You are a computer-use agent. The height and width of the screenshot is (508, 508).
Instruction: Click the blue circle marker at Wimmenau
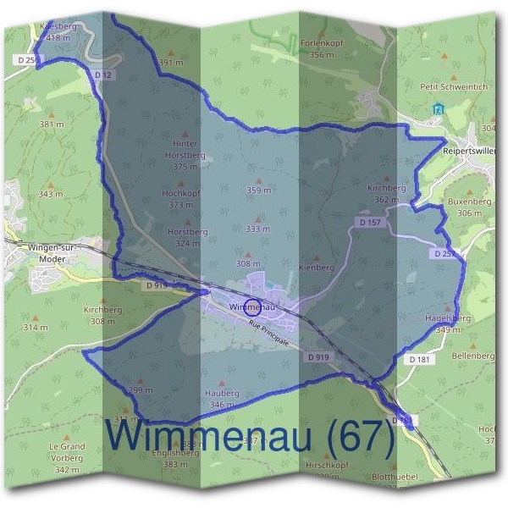click(251, 307)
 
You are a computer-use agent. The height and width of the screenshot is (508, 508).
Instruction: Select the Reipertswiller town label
click(470, 151)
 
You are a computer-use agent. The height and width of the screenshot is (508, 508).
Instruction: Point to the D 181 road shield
click(419, 360)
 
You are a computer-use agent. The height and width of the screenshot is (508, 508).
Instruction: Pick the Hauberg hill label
click(222, 394)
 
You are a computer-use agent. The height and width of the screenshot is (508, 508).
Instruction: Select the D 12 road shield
click(103, 75)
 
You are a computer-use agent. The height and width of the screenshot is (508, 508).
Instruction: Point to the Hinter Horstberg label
click(185, 149)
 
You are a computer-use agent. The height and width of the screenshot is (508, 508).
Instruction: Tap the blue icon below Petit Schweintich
click(438, 108)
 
